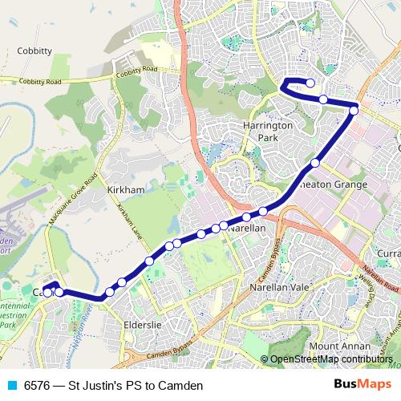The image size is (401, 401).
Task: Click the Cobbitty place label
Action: [34, 51]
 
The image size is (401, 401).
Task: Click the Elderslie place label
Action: [144, 325]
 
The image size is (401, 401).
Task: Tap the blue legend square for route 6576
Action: [11, 386]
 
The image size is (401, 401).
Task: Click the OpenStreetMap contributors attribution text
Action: [330, 359]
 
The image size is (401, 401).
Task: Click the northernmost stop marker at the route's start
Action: [310, 83]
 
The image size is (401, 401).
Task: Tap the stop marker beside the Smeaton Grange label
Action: [315, 163]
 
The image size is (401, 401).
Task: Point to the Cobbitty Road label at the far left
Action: [39, 82]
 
